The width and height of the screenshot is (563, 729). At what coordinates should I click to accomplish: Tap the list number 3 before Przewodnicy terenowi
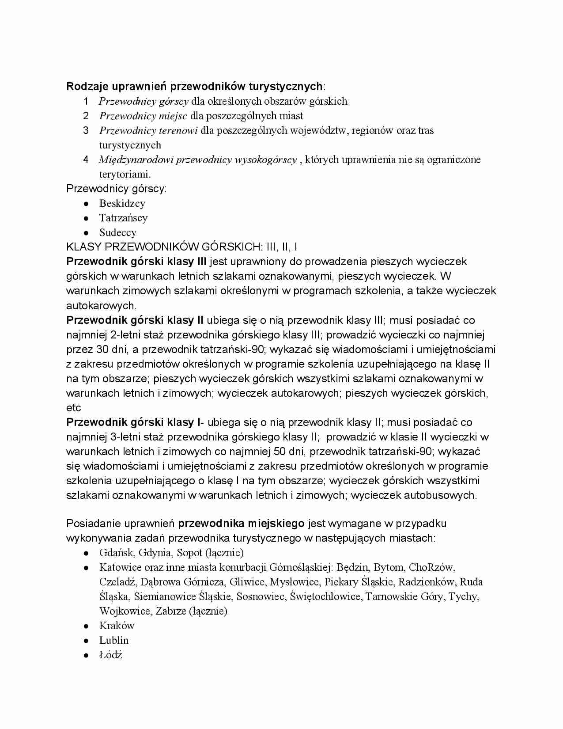86,130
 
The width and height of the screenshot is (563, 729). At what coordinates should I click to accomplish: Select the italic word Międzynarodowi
136,159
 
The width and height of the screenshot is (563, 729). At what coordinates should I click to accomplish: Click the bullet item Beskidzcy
122,203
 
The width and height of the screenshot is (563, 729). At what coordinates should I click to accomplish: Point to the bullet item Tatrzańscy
123,218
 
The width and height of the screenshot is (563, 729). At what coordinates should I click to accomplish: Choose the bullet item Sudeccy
117,232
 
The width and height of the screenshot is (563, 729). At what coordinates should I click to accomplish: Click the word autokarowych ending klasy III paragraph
101,305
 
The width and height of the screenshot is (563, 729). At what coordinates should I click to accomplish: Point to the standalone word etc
74,407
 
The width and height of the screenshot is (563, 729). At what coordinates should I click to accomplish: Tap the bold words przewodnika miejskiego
241,524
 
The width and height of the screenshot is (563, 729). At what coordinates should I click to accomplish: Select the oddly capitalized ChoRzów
431,567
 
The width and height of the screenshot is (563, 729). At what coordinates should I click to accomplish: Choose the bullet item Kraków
117,626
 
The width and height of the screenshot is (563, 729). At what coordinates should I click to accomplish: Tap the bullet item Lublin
114,640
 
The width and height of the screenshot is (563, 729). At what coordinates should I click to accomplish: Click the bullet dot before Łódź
87,655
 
